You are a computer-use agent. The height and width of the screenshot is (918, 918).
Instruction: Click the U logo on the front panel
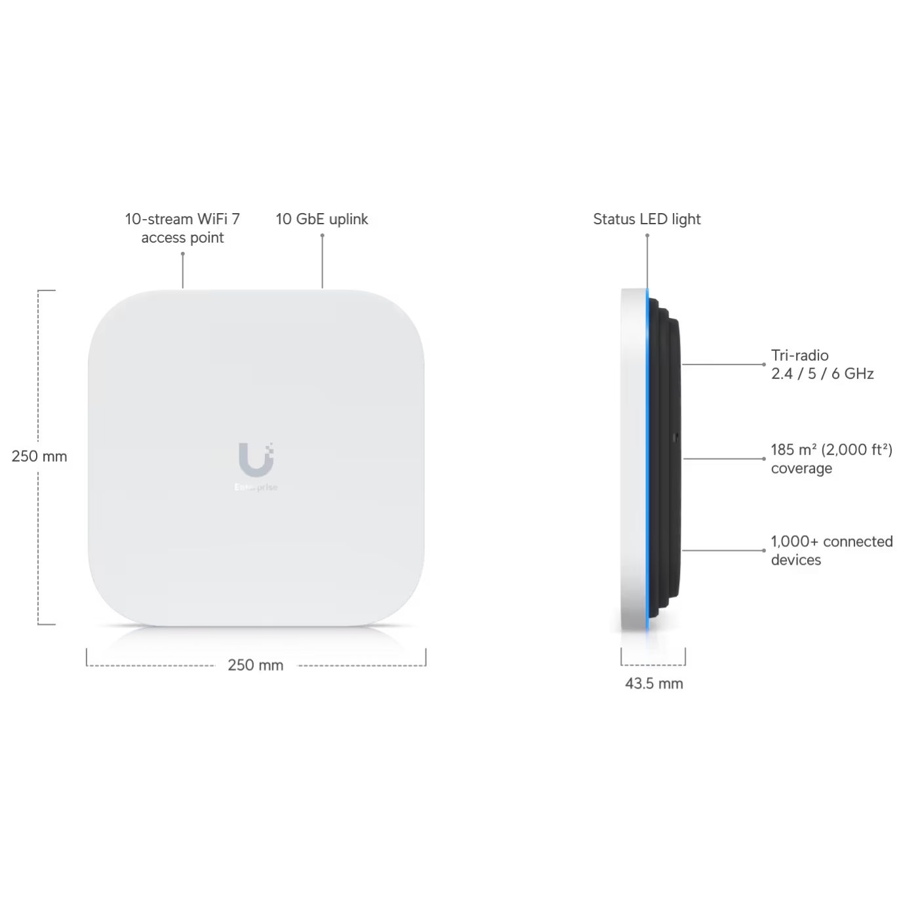tap(256, 460)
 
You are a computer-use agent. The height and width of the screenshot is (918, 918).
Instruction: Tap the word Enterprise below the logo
tap(256, 487)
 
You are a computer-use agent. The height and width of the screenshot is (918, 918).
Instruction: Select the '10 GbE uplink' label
tap(321, 219)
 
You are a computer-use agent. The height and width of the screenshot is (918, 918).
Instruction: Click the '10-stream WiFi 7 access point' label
tap(182, 228)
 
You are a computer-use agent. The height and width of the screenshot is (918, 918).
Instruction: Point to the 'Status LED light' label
tap(647, 219)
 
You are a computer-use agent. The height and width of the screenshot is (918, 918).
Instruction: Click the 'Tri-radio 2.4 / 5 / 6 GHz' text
tap(822, 365)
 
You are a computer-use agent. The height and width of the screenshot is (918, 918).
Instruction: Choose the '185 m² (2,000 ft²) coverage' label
tap(831, 459)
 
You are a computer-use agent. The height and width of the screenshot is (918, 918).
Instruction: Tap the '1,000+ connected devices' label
tap(832, 550)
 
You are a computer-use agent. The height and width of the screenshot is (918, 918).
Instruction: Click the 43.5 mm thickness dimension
tap(654, 684)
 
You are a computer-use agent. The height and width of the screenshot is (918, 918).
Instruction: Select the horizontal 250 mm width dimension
tap(255, 665)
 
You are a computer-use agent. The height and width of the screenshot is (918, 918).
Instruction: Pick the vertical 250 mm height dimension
tap(39, 456)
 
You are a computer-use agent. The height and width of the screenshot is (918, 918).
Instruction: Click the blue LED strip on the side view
tap(647, 460)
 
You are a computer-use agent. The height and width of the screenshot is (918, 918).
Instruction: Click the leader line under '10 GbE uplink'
tap(322, 262)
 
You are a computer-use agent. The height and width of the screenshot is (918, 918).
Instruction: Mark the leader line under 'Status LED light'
tap(647, 262)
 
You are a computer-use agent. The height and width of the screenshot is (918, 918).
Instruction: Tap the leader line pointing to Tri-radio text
tap(723, 365)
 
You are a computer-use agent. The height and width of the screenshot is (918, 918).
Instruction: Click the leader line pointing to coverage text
tap(724, 459)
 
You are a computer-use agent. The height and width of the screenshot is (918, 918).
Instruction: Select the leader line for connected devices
tap(723, 550)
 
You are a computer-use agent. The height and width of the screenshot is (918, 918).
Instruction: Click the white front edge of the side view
tap(633, 460)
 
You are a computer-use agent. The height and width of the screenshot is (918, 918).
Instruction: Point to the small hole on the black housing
tap(674, 436)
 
